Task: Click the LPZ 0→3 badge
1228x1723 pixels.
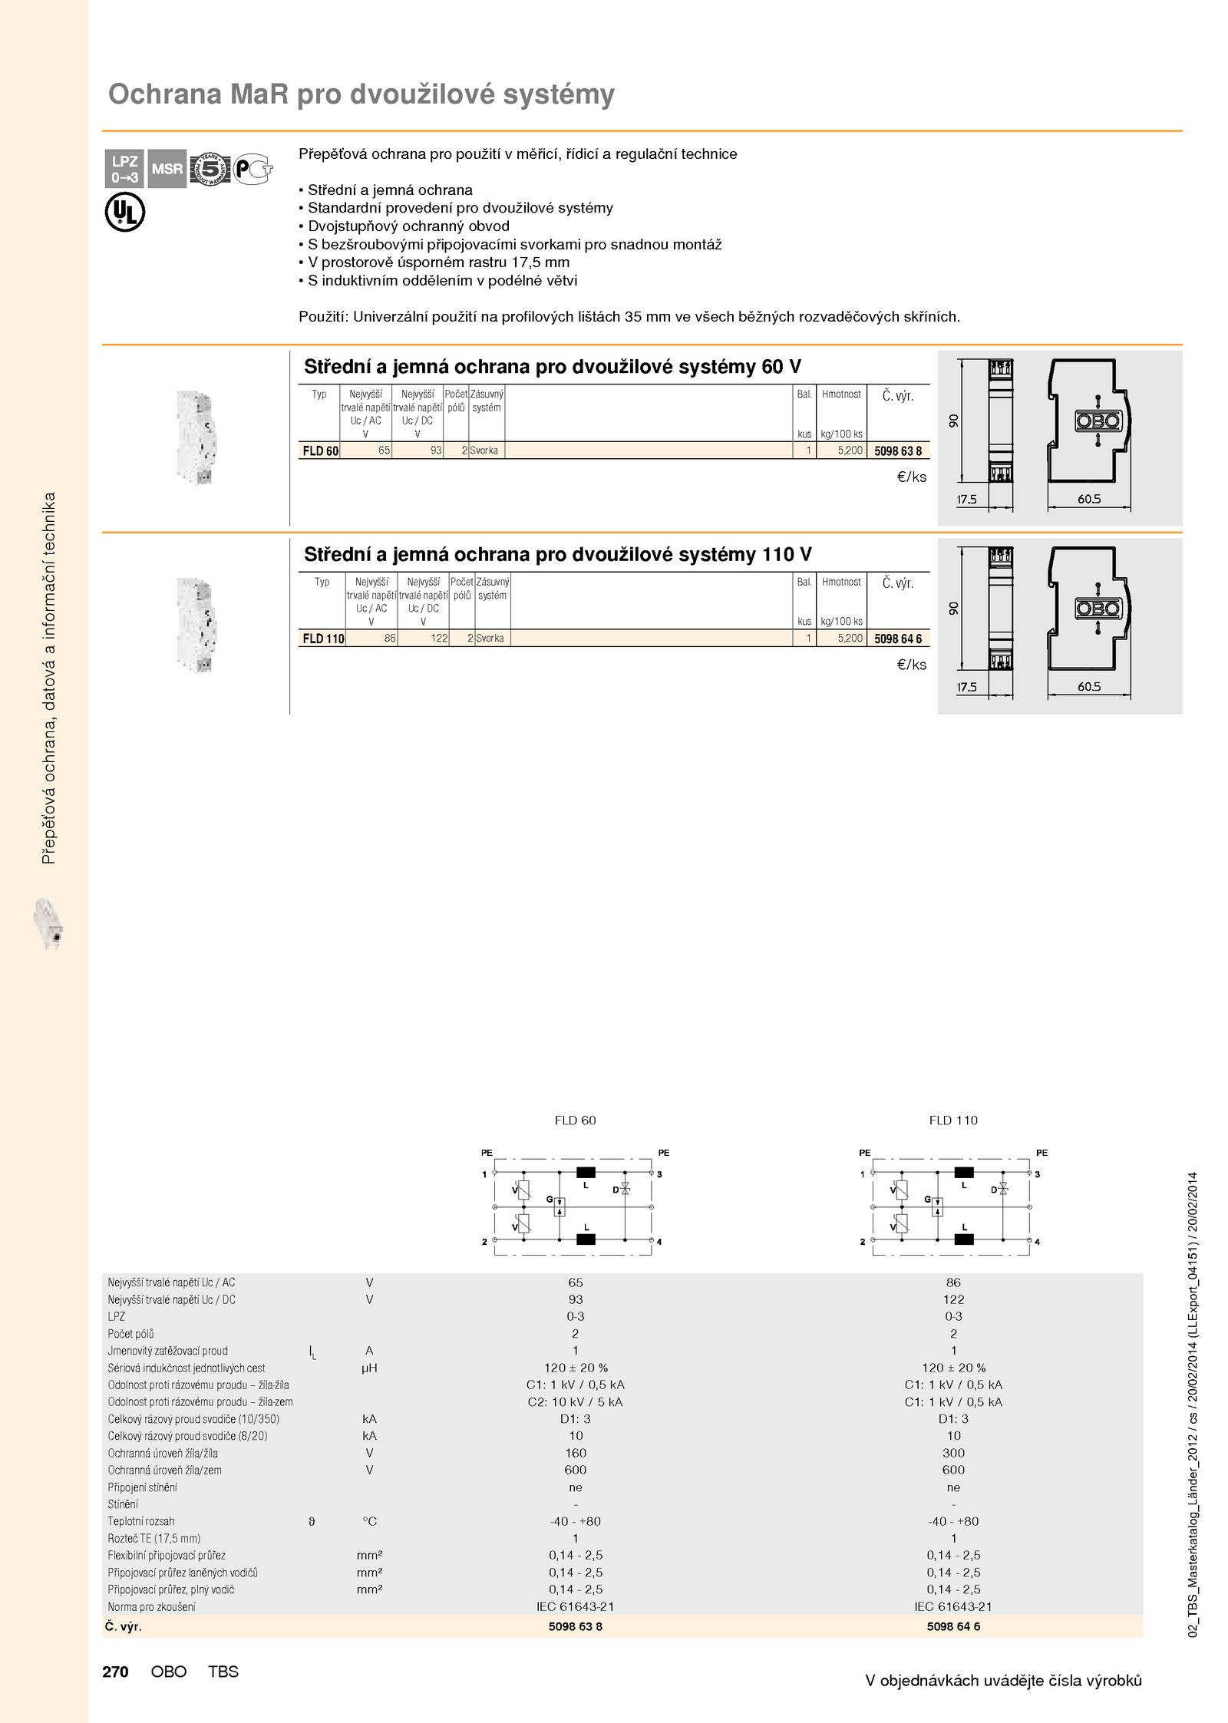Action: click(x=124, y=169)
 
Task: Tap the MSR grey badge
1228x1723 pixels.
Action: click(x=167, y=169)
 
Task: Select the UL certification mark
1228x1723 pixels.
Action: click(x=124, y=213)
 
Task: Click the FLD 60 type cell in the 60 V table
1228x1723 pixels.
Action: click(x=320, y=451)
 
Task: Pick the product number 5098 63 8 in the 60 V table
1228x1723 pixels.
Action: click(x=898, y=451)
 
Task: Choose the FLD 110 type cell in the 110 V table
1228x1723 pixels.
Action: click(x=323, y=639)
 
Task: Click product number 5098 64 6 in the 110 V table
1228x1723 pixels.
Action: click(x=898, y=639)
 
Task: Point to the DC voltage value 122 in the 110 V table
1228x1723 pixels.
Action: click(x=438, y=639)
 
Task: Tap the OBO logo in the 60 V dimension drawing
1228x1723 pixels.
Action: click(x=1098, y=421)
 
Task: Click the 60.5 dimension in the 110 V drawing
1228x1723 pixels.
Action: click(x=1089, y=687)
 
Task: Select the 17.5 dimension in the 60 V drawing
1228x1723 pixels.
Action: click(x=967, y=500)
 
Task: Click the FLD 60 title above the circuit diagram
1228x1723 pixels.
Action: click(x=575, y=1121)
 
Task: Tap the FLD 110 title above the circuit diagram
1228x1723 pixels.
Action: click(x=953, y=1121)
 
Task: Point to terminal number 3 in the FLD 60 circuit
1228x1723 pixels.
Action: click(x=659, y=1174)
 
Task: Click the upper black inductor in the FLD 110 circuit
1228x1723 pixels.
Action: click(x=964, y=1172)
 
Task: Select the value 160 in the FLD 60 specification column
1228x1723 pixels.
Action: click(x=576, y=1453)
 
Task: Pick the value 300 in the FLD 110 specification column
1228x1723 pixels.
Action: click(x=953, y=1453)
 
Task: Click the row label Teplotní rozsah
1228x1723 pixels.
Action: click(x=141, y=1521)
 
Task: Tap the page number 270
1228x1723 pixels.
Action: click(x=115, y=1672)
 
